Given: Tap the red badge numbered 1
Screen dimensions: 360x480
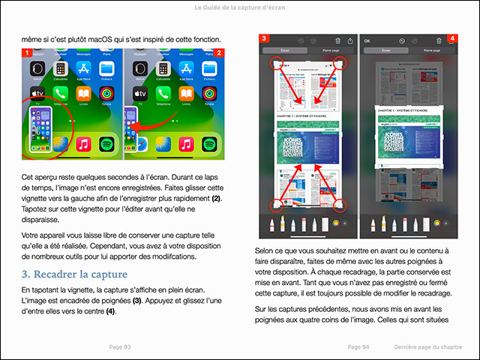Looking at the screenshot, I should tap(27, 53).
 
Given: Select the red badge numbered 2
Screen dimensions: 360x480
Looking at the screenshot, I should tap(219, 53).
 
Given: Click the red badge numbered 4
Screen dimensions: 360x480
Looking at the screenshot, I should tap(452, 38).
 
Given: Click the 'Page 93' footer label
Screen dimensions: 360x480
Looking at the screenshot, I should tap(120, 347).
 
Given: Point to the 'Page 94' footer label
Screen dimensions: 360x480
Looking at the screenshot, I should tap(359, 347).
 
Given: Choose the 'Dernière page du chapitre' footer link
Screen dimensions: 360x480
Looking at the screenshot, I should tap(428, 347).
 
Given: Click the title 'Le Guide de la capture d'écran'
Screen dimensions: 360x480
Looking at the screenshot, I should tap(240, 7).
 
